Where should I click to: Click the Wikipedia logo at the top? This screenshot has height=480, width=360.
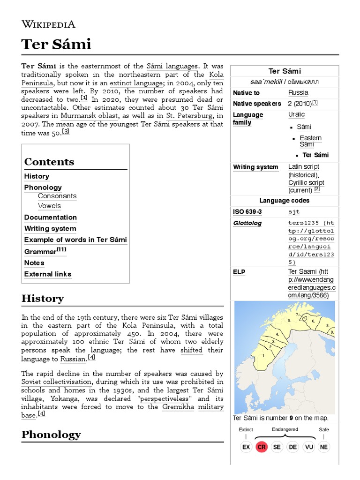pos(48,24)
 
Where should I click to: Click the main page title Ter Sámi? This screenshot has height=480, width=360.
pos(56,45)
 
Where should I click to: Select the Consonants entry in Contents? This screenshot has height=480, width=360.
pos(57,196)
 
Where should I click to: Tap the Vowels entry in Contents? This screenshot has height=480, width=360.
pos(49,206)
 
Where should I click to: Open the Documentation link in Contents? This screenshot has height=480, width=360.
pos(51,217)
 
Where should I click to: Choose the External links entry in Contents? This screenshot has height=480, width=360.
pos(48,274)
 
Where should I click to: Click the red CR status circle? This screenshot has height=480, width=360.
pos(262,447)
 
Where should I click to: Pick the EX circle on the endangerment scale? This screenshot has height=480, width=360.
pos(246,447)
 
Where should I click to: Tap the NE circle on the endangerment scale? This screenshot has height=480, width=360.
pos(323,447)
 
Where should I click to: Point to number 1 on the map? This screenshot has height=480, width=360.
pos(264,355)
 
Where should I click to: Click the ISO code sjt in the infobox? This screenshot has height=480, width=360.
pos(294,212)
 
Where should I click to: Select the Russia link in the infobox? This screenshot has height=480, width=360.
pos(298,93)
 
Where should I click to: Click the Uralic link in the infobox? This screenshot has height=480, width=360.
pos(296,115)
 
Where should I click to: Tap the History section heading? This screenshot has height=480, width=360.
pos(43,299)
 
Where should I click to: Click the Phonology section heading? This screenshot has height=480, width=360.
pos(51,435)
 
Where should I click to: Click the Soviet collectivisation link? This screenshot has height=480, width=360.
pos(60,382)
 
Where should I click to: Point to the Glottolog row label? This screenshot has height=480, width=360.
pos(247,223)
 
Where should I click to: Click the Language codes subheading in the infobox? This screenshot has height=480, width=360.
pos(284,201)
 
